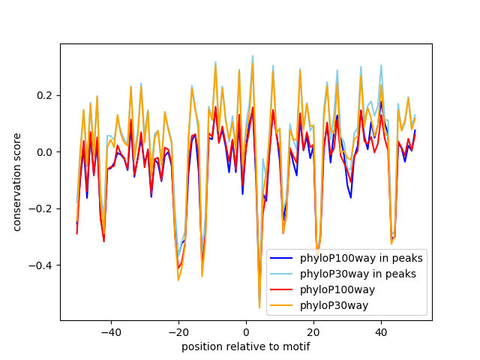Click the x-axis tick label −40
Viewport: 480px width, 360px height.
[110, 331]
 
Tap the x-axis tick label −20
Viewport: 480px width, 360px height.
[178, 331]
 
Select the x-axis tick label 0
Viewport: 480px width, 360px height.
[246, 331]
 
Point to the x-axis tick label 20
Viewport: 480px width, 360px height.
[313, 331]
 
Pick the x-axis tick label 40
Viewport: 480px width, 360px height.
[381, 331]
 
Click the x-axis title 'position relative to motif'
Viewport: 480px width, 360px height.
[246, 346]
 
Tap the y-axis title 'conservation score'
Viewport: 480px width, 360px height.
[16, 182]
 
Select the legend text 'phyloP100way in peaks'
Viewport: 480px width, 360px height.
[361, 258]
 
